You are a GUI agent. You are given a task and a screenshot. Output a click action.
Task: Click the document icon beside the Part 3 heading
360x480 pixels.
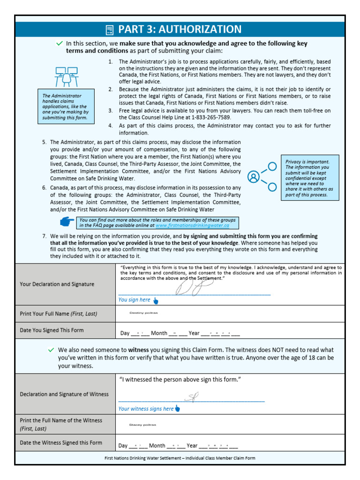coord(110,30)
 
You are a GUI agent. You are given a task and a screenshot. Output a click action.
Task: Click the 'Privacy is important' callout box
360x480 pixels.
coord(310,178)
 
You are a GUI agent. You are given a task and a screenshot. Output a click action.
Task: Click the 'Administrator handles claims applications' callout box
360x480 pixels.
coord(65,107)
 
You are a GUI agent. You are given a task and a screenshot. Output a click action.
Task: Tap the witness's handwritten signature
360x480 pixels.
coord(191,398)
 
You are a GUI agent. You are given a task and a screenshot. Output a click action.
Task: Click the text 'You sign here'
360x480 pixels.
coord(135,300)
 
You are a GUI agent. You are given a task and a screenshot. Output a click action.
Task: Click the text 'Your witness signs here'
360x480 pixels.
coord(146,409)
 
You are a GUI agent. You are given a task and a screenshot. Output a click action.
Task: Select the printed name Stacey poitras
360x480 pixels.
coord(142,425)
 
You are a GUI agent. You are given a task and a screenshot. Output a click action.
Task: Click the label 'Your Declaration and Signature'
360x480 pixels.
coord(57,284)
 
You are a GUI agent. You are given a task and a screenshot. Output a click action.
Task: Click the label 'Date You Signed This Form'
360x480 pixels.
coord(52,330)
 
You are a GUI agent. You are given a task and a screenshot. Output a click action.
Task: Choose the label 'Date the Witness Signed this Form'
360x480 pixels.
coord(60,442)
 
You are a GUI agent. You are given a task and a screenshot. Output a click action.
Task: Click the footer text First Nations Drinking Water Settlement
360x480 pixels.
coord(180,458)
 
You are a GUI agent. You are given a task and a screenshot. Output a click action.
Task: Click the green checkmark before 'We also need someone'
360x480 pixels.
coord(52,350)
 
